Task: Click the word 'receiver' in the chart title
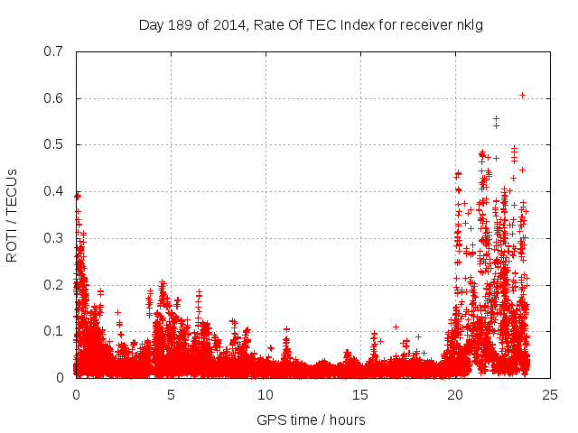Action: click(x=425, y=24)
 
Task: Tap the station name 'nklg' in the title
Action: click(x=469, y=24)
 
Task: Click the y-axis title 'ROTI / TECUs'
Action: click(x=12, y=215)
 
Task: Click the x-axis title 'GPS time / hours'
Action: click(x=311, y=419)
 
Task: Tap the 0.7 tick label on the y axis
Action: click(x=54, y=51)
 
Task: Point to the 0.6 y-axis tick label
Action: click(x=54, y=98)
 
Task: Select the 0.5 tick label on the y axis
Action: click(x=54, y=144)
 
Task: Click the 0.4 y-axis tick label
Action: click(x=54, y=191)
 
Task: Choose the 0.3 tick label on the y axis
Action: click(x=54, y=238)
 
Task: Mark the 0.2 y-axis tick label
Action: click(x=54, y=285)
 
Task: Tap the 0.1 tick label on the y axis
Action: click(x=54, y=331)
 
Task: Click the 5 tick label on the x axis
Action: click(x=171, y=394)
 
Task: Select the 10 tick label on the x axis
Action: click(x=266, y=394)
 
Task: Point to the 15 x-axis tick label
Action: click(x=360, y=394)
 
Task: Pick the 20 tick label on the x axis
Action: click(x=455, y=394)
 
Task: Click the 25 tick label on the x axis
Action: click(x=550, y=394)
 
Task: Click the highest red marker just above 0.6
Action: click(x=522, y=95)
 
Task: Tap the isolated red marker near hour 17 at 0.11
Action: click(x=396, y=327)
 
